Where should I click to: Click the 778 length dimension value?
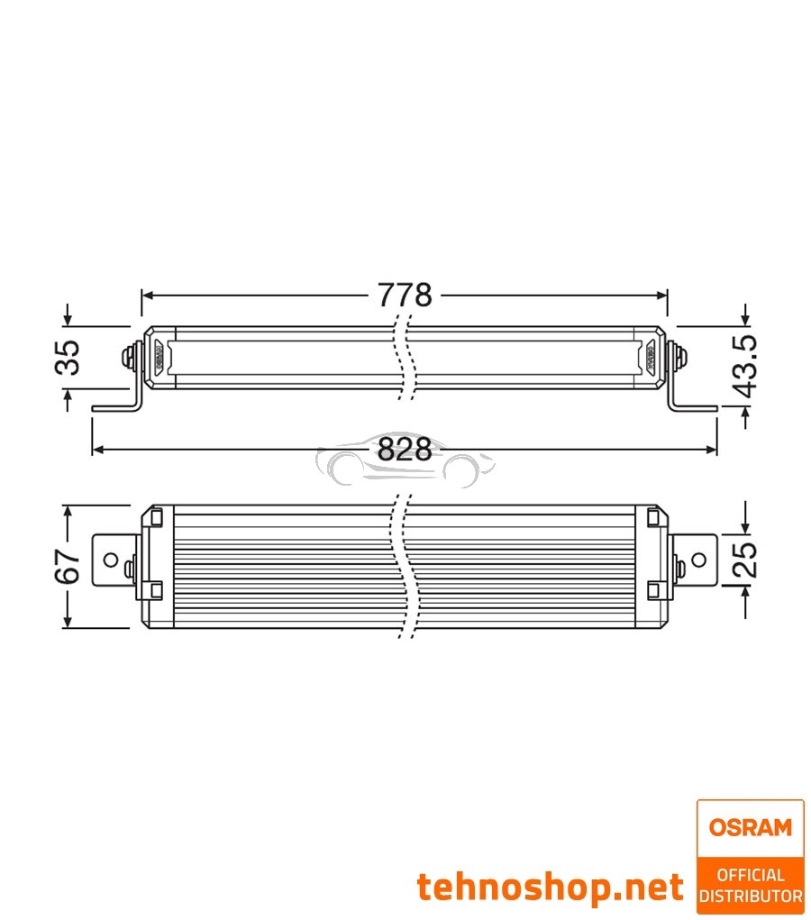click(x=405, y=295)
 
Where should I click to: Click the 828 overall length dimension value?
click(x=405, y=449)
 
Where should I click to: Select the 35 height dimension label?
click(x=68, y=357)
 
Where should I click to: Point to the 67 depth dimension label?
click(x=68, y=565)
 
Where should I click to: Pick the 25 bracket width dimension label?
click(x=744, y=559)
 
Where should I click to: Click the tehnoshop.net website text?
click(x=550, y=888)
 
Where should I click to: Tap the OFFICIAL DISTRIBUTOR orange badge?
click(x=750, y=885)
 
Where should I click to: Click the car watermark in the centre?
click(x=405, y=464)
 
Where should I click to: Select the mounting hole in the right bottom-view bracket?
click(x=698, y=560)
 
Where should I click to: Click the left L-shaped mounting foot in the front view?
click(x=117, y=405)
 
